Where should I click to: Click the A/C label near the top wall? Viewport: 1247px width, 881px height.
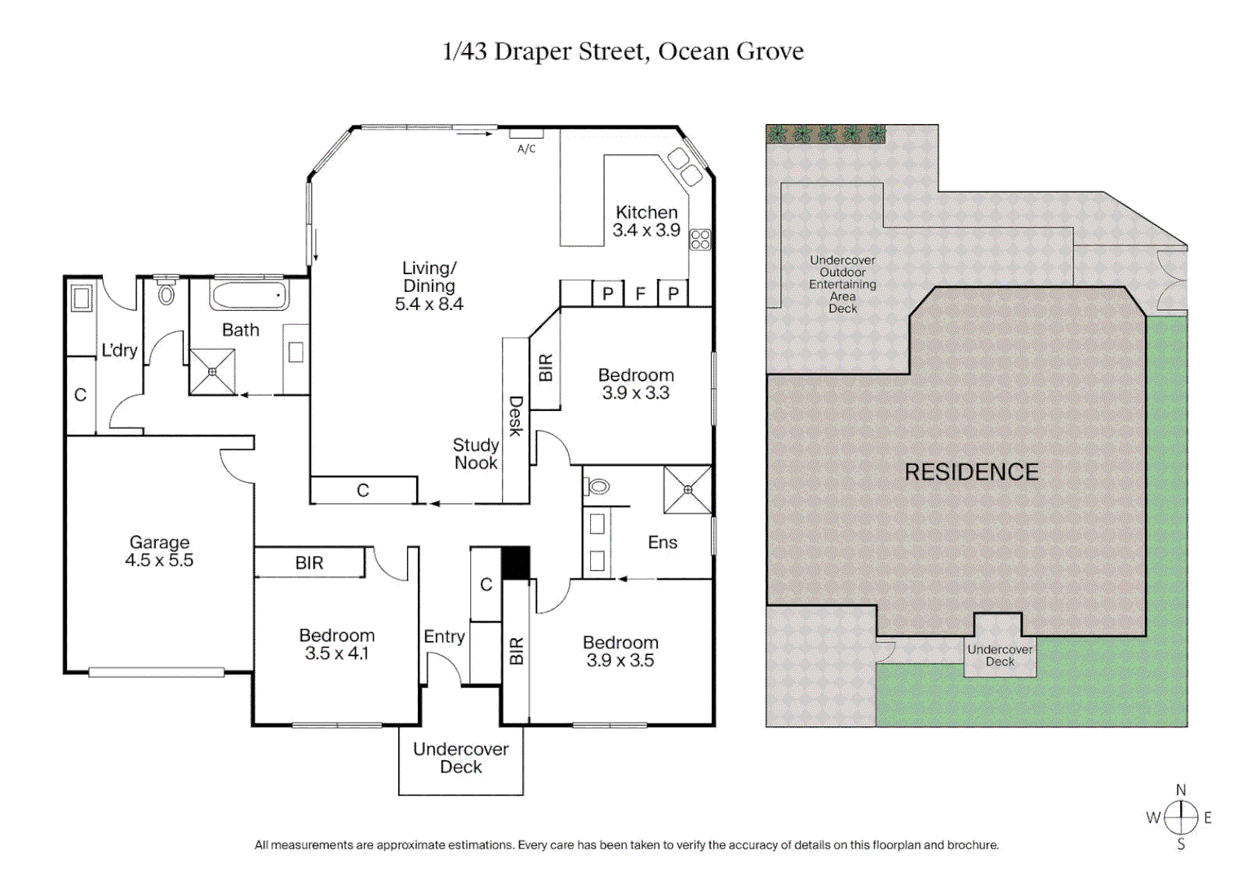pyautogui.click(x=526, y=148)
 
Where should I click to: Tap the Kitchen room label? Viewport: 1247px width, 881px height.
pyautogui.click(x=646, y=212)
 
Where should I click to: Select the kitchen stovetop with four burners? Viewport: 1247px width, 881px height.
pyautogui.click(x=700, y=239)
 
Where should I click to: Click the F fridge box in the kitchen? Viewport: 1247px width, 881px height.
pyautogui.click(x=641, y=294)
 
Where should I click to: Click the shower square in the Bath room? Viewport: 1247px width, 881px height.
pyautogui.click(x=212, y=372)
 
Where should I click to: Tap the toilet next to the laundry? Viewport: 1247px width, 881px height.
pyautogui.click(x=166, y=294)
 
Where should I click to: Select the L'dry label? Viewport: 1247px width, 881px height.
pyautogui.click(x=119, y=351)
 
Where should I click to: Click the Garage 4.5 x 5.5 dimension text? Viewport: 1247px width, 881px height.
pyautogui.click(x=159, y=560)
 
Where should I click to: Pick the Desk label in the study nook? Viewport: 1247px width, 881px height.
pyautogui.click(x=516, y=416)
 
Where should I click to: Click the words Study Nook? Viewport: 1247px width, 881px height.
pyautogui.click(x=476, y=454)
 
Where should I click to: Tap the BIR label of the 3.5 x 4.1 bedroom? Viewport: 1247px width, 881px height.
pyautogui.click(x=309, y=563)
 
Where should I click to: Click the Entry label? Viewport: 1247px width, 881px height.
pyautogui.click(x=444, y=636)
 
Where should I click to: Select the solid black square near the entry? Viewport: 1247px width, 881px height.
pyautogui.click(x=516, y=563)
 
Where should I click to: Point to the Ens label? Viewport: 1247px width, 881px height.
pyautogui.click(x=663, y=542)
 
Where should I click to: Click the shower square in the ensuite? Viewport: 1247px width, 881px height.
pyautogui.click(x=688, y=489)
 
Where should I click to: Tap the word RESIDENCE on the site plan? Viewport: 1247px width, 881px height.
pyautogui.click(x=971, y=472)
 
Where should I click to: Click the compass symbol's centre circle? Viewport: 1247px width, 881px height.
pyautogui.click(x=1181, y=817)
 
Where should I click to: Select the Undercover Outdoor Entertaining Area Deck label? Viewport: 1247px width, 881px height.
pyautogui.click(x=842, y=284)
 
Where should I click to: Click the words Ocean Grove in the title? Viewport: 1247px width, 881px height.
pyautogui.click(x=730, y=51)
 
